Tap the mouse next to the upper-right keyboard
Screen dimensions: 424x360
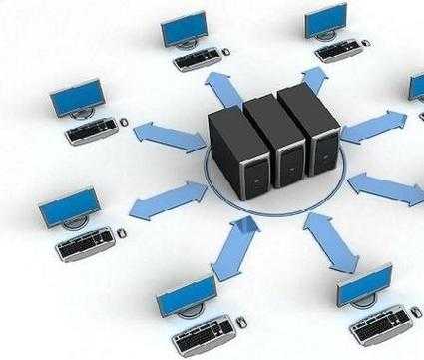[367, 41]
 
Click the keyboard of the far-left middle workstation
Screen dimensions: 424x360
[91, 128]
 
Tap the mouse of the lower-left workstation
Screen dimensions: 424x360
[122, 232]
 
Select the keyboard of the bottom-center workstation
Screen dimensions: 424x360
[205, 328]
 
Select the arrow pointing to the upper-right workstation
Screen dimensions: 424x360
[313, 79]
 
